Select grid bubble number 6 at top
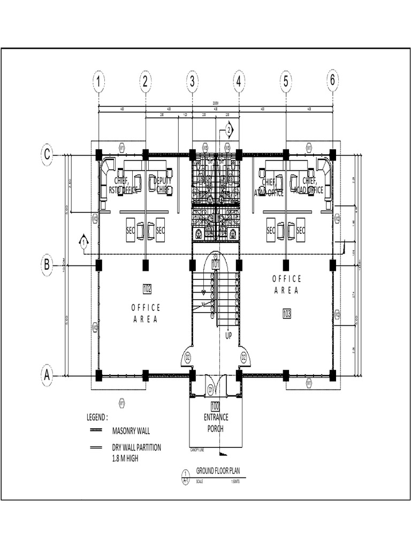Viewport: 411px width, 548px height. pos(332,81)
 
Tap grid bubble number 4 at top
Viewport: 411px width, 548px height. pos(239,81)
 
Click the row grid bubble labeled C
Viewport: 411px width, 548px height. pos(47,155)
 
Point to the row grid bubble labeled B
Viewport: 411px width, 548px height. pos(47,264)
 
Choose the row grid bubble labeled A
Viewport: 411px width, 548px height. pos(47,375)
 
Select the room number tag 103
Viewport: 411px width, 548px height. pos(286,314)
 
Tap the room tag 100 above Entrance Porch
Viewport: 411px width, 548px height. pos(216,405)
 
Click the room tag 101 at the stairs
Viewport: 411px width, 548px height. pos(216,264)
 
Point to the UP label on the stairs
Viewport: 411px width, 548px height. pos(229,336)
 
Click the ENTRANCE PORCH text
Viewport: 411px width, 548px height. pos(216,423)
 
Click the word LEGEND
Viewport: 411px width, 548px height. pos(97,417)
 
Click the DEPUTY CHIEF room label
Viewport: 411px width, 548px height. pos(163,185)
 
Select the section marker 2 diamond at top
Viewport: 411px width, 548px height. pos(229,130)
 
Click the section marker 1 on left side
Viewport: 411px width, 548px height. pos(83,243)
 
